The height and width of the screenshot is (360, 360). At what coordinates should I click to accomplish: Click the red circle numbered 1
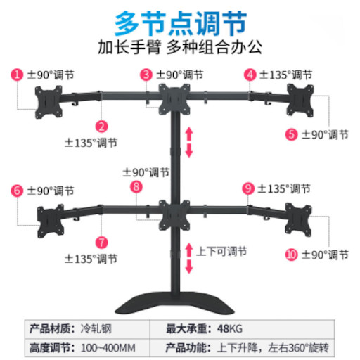(17, 75)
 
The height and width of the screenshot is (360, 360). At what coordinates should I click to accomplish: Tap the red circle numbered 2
(101, 127)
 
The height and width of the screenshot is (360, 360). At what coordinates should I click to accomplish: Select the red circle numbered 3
(146, 75)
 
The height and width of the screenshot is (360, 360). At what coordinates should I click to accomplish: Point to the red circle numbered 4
(250, 75)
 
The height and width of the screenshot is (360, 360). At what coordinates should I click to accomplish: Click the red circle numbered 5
(291, 134)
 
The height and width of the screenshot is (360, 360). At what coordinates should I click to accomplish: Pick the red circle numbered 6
(17, 191)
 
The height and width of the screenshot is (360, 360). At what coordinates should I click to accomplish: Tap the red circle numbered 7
(101, 243)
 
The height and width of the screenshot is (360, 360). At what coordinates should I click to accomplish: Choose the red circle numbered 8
(136, 187)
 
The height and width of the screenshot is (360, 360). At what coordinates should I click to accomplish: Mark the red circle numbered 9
(248, 188)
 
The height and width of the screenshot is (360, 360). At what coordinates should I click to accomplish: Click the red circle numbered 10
(291, 255)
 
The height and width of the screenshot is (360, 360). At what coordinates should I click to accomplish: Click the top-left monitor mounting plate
(49, 102)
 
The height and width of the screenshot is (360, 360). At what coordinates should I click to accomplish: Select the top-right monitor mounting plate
(300, 101)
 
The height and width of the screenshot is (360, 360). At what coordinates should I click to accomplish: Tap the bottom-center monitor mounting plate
(174, 215)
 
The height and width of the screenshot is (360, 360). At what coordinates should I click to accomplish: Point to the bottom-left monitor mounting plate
(51, 221)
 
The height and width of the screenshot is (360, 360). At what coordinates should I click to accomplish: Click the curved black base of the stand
(174, 303)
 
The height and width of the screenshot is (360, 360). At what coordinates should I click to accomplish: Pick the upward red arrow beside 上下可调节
(189, 250)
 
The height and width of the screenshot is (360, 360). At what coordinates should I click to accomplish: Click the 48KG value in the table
(230, 329)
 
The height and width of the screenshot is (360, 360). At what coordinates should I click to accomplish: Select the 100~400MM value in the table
(108, 348)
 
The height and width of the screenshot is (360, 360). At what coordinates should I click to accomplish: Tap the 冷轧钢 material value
(96, 329)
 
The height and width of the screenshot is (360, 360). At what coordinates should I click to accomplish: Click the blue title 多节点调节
(181, 24)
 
